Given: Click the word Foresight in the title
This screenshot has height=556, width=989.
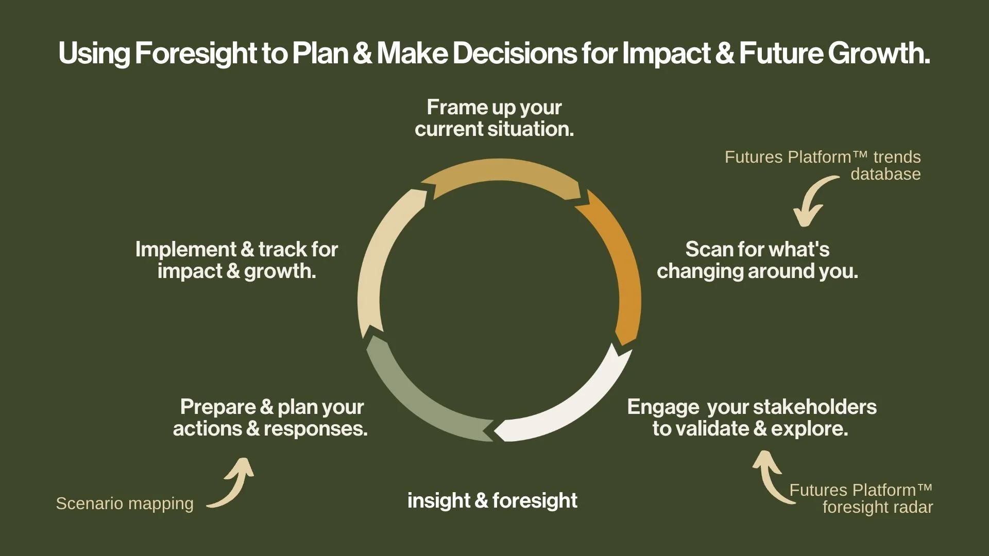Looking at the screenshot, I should (196, 53).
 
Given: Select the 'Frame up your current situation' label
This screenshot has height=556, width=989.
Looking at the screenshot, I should (494, 118).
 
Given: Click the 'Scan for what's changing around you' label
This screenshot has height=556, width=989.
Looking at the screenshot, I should (757, 260).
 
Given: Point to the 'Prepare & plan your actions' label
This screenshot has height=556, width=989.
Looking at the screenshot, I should (271, 418).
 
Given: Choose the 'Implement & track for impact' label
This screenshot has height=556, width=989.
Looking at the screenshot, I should (236, 260).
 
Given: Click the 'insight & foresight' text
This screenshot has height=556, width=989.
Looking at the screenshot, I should (492, 500).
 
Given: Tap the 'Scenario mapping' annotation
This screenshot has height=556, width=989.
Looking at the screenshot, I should (125, 503).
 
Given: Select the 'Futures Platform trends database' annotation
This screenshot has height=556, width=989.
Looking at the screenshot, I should (823, 165).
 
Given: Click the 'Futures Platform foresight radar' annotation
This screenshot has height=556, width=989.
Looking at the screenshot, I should (861, 498).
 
